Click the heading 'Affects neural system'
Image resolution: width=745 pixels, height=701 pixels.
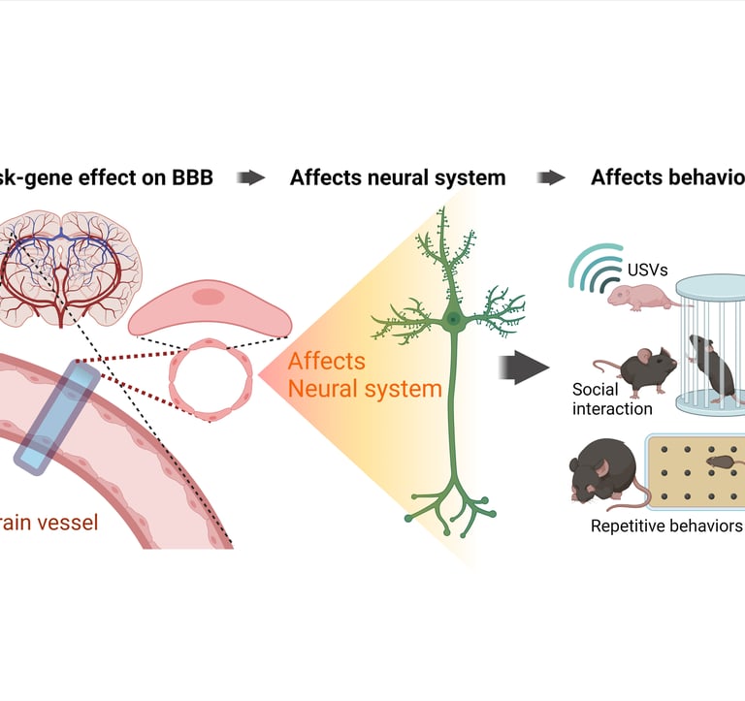398,177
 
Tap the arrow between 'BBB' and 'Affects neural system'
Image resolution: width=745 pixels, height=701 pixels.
251,177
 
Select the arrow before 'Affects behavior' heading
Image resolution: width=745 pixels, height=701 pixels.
552,177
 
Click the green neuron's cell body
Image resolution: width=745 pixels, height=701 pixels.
453,319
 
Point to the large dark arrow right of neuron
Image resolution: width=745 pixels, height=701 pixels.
524,367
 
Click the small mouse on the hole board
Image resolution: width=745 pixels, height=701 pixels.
724,463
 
